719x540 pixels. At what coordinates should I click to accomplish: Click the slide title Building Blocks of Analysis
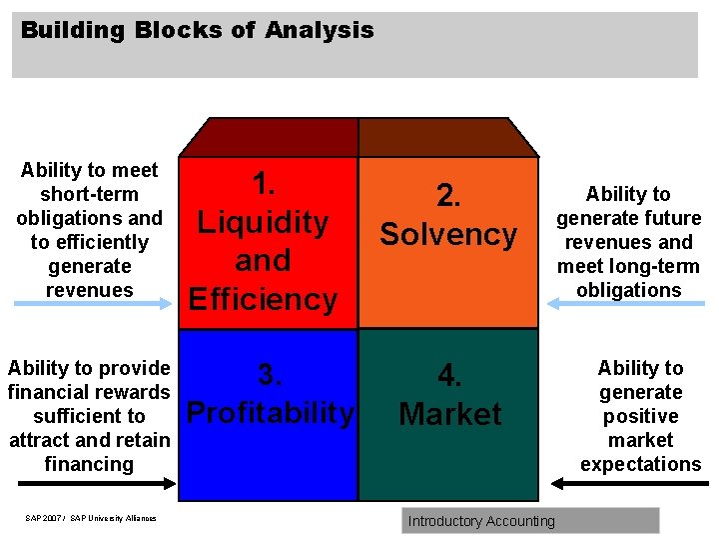pyautogui.click(x=197, y=30)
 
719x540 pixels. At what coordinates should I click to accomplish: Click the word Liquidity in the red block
pyautogui.click(x=263, y=222)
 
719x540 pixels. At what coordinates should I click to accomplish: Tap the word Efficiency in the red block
pyautogui.click(x=263, y=299)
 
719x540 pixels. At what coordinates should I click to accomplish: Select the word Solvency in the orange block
pyautogui.click(x=448, y=235)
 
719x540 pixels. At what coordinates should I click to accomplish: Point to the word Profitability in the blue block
pyautogui.click(x=270, y=413)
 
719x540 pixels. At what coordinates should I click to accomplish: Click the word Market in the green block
pyautogui.click(x=449, y=414)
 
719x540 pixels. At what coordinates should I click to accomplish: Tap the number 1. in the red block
pyautogui.click(x=264, y=184)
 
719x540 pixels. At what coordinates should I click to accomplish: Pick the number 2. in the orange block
pyautogui.click(x=449, y=196)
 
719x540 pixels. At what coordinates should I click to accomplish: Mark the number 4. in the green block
pyautogui.click(x=449, y=376)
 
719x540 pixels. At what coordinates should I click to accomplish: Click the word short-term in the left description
pyautogui.click(x=89, y=194)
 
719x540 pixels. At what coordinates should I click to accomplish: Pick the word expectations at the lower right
pyautogui.click(x=641, y=464)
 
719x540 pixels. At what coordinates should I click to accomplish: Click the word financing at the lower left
pyautogui.click(x=89, y=464)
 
